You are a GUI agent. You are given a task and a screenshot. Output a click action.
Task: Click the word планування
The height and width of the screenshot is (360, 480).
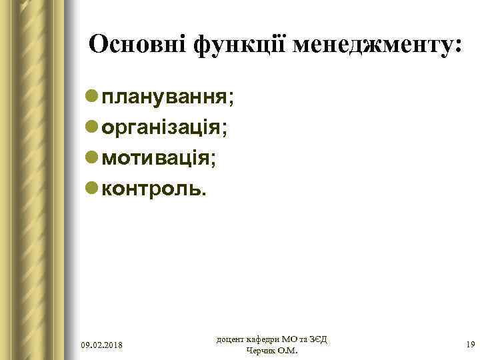[164, 97]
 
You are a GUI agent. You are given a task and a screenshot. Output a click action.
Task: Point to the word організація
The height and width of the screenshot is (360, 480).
[163, 128]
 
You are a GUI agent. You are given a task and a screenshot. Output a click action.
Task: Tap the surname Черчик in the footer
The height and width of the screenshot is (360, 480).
[262, 351]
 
